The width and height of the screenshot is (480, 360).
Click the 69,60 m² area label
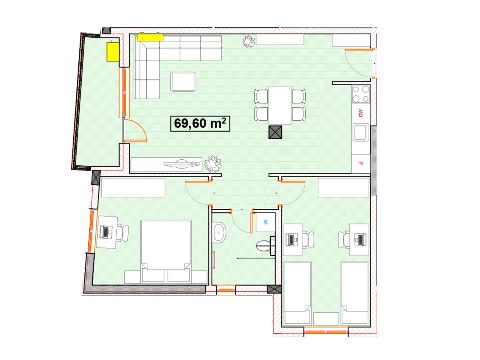[x=200, y=124]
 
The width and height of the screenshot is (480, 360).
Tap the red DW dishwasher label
[x=360, y=113]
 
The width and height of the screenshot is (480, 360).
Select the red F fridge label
[x=361, y=163]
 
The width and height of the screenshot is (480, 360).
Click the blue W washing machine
[x=266, y=222]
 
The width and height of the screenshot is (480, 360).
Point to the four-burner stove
[x=361, y=94]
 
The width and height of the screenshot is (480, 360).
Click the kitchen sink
[x=361, y=132]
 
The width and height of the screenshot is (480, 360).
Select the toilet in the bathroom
[x=265, y=246]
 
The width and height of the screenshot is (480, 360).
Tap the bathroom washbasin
[x=219, y=232]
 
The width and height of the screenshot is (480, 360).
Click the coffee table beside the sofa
[x=183, y=82]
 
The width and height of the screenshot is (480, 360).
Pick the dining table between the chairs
[x=280, y=105]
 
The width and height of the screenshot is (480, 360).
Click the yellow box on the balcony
[x=113, y=52]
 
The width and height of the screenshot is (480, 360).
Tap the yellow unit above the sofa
[x=150, y=37]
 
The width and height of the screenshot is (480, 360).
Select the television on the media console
[x=182, y=164]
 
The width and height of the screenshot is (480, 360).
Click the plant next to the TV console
[x=212, y=164]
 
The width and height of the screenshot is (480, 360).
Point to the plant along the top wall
[x=249, y=41]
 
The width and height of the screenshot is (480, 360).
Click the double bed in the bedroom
[x=166, y=252]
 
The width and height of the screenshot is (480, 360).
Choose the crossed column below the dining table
[x=275, y=132]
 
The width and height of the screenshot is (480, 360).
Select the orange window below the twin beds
[x=326, y=332]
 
